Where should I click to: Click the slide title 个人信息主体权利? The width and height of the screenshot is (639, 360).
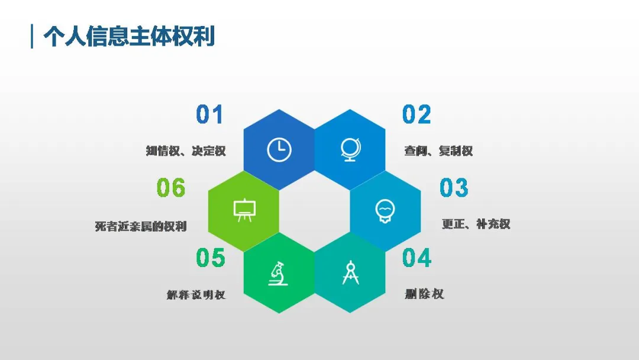129,37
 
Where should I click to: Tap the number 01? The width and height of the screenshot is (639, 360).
209,114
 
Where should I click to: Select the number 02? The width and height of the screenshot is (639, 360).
417,114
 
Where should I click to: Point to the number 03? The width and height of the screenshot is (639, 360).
454,188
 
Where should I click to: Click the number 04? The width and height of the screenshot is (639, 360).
417,258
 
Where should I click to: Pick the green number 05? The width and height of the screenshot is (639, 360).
210,258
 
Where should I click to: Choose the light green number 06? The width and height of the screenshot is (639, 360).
171,188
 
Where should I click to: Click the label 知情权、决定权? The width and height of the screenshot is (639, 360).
186,151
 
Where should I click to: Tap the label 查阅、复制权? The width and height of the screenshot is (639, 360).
438,151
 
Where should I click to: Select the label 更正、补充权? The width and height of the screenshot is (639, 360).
476,224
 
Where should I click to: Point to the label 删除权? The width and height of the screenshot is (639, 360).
424,294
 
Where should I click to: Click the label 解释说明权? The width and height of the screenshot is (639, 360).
196,295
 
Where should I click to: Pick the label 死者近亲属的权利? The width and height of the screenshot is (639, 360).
141,226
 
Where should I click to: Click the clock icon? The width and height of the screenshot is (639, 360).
279,150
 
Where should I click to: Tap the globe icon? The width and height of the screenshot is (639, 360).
350,150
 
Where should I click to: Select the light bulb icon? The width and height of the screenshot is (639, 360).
385,211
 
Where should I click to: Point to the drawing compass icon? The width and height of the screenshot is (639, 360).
350,272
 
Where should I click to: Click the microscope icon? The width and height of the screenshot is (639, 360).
278,273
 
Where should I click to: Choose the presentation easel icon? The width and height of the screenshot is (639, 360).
244,210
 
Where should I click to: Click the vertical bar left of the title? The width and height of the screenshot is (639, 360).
32,37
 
